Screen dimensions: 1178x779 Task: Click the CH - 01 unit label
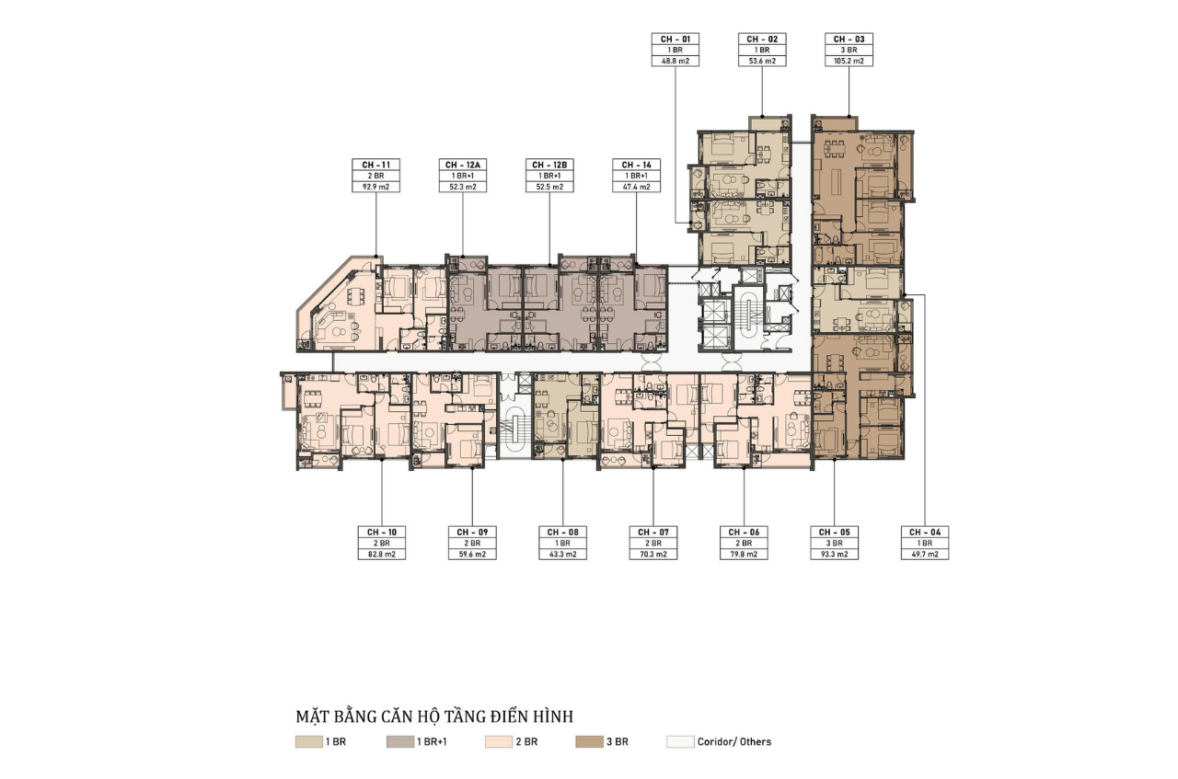coord(676,39)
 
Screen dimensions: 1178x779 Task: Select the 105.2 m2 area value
coord(849,61)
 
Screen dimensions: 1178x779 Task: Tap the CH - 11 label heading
coord(376,165)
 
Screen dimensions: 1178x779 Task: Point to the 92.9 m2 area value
coord(376,187)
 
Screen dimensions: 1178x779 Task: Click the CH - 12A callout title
coord(463,165)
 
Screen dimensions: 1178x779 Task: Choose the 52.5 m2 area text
coord(549,187)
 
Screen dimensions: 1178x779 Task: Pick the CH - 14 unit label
coord(636,165)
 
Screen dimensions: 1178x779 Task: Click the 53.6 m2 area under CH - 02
coord(762,61)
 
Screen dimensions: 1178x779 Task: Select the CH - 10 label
coord(382,532)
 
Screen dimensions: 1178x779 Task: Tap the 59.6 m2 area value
coord(472,554)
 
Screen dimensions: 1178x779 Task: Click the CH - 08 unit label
coord(562,532)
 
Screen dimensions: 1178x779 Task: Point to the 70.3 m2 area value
coord(653,554)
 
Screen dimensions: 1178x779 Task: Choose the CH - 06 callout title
coord(744,532)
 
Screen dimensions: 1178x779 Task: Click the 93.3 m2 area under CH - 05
coord(834,554)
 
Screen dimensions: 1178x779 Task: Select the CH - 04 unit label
coord(925,532)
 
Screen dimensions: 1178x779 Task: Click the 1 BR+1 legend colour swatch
coord(399,741)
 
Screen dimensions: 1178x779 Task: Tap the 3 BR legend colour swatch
coord(589,741)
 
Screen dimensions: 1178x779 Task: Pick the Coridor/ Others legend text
coord(734,741)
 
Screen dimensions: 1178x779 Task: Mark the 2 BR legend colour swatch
coord(499,741)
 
